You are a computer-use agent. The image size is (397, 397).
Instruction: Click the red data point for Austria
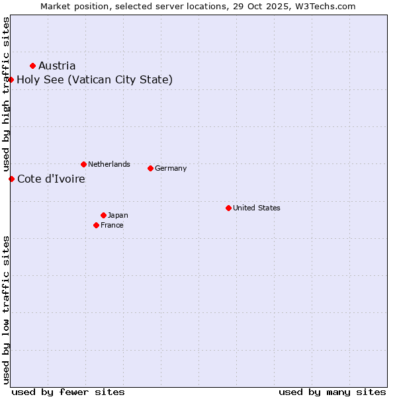coord(32,66)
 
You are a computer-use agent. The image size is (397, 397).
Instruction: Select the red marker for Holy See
coord(11,80)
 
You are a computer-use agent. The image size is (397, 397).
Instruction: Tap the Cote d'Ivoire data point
coord(11,179)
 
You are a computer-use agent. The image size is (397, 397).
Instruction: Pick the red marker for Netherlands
coord(83,164)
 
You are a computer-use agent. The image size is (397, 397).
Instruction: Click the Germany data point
coord(150,168)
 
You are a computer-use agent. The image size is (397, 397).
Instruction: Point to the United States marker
coord(228,208)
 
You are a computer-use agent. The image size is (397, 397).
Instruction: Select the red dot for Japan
coord(103,215)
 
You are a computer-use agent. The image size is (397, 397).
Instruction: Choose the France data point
coord(97,225)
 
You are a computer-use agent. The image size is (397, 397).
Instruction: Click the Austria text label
coord(57,66)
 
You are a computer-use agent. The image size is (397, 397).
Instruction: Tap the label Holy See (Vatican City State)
coord(95,80)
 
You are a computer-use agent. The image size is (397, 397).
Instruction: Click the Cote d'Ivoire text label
coord(51,179)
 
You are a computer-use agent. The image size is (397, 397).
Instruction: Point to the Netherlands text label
coord(109,164)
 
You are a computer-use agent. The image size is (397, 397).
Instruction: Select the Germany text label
coord(171,168)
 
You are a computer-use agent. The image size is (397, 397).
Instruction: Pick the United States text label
coord(257,208)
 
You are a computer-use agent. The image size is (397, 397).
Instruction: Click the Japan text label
coord(118,215)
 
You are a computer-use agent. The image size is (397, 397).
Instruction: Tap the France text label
coord(112,225)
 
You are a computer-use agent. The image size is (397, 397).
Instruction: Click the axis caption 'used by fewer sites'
coord(68,392)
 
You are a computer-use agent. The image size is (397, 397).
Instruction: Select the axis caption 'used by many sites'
coord(332,392)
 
